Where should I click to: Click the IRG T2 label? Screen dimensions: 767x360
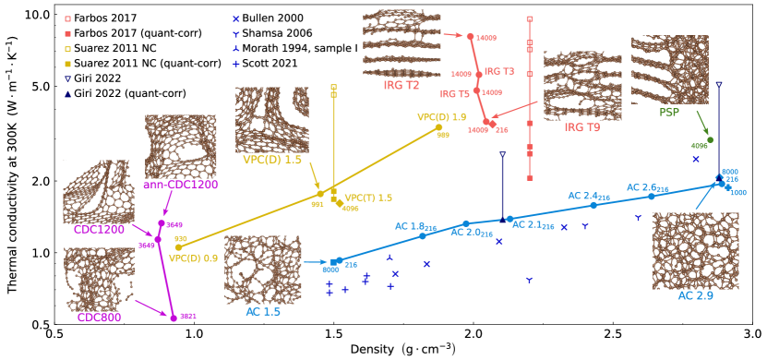pyautogui.click(x=401, y=86)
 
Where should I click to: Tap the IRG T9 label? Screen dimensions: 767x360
pyautogui.click(x=581, y=127)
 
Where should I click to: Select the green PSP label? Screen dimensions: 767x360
pyautogui.click(x=669, y=112)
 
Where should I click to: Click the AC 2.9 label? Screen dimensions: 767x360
pyautogui.click(x=695, y=296)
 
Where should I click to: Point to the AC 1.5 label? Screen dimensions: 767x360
pyautogui.click(x=263, y=311)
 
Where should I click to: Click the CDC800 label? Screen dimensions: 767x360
pyautogui.click(x=100, y=318)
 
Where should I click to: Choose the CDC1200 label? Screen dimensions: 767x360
pyautogui.click(x=99, y=230)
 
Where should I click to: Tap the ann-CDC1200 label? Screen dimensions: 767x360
pyautogui.click(x=181, y=185)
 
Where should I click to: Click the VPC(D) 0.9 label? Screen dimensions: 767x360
pyautogui.click(x=193, y=258)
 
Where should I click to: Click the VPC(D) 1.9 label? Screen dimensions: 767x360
pyautogui.click(x=441, y=117)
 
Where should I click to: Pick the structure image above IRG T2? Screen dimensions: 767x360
pyautogui.click(x=401, y=43)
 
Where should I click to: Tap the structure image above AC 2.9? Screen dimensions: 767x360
pyautogui.click(x=695, y=251)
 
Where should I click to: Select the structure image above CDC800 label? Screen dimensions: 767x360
pyautogui.click(x=100, y=279)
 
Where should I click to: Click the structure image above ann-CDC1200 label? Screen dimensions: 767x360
pyautogui.click(x=181, y=147)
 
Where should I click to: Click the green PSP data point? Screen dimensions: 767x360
pyautogui.click(x=709, y=140)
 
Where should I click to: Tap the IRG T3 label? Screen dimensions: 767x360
pyautogui.click(x=499, y=71)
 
